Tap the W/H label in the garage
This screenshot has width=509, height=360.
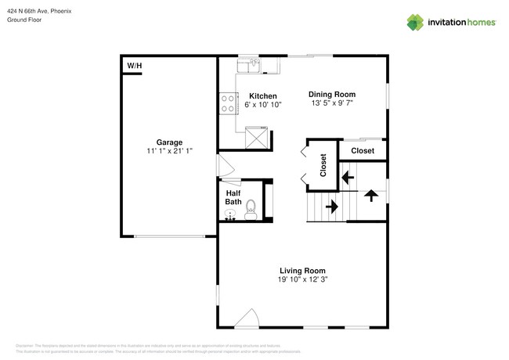click(x=134, y=66)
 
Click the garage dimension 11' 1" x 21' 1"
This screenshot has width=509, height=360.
click(x=169, y=151)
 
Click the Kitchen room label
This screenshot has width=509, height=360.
click(x=262, y=95)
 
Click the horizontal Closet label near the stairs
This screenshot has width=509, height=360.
click(x=362, y=150)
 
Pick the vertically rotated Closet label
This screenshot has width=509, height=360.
click(x=323, y=165)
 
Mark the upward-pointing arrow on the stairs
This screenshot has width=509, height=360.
click(x=372, y=193)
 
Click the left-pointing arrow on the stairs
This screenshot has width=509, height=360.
click(x=345, y=178)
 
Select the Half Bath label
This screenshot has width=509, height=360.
click(x=233, y=197)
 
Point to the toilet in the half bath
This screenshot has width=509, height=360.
click(x=251, y=209)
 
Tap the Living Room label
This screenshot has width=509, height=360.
click(x=301, y=271)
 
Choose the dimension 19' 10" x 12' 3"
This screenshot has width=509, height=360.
click(x=301, y=280)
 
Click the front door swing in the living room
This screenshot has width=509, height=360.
click(x=247, y=318)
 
